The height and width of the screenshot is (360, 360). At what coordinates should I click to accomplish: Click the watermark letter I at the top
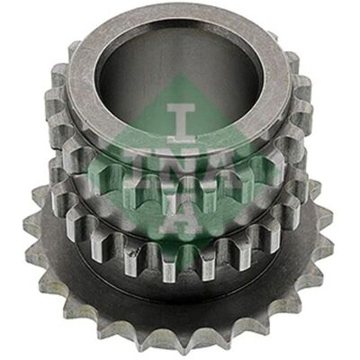[x=181, y=123]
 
